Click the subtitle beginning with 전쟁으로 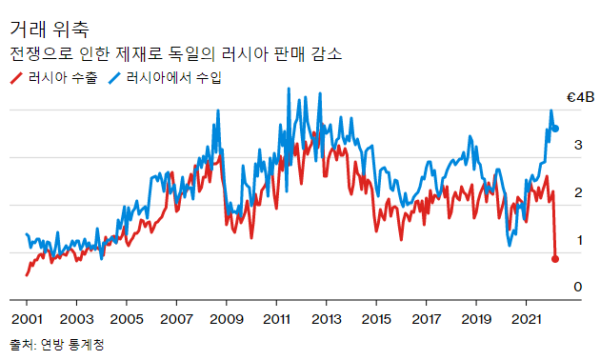click(175, 54)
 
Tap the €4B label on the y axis click(580, 96)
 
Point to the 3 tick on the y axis click(577, 145)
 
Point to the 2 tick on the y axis click(577, 192)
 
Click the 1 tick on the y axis click(577, 240)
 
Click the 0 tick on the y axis click(577, 287)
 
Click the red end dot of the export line click(556, 258)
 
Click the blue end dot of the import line click(556, 129)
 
